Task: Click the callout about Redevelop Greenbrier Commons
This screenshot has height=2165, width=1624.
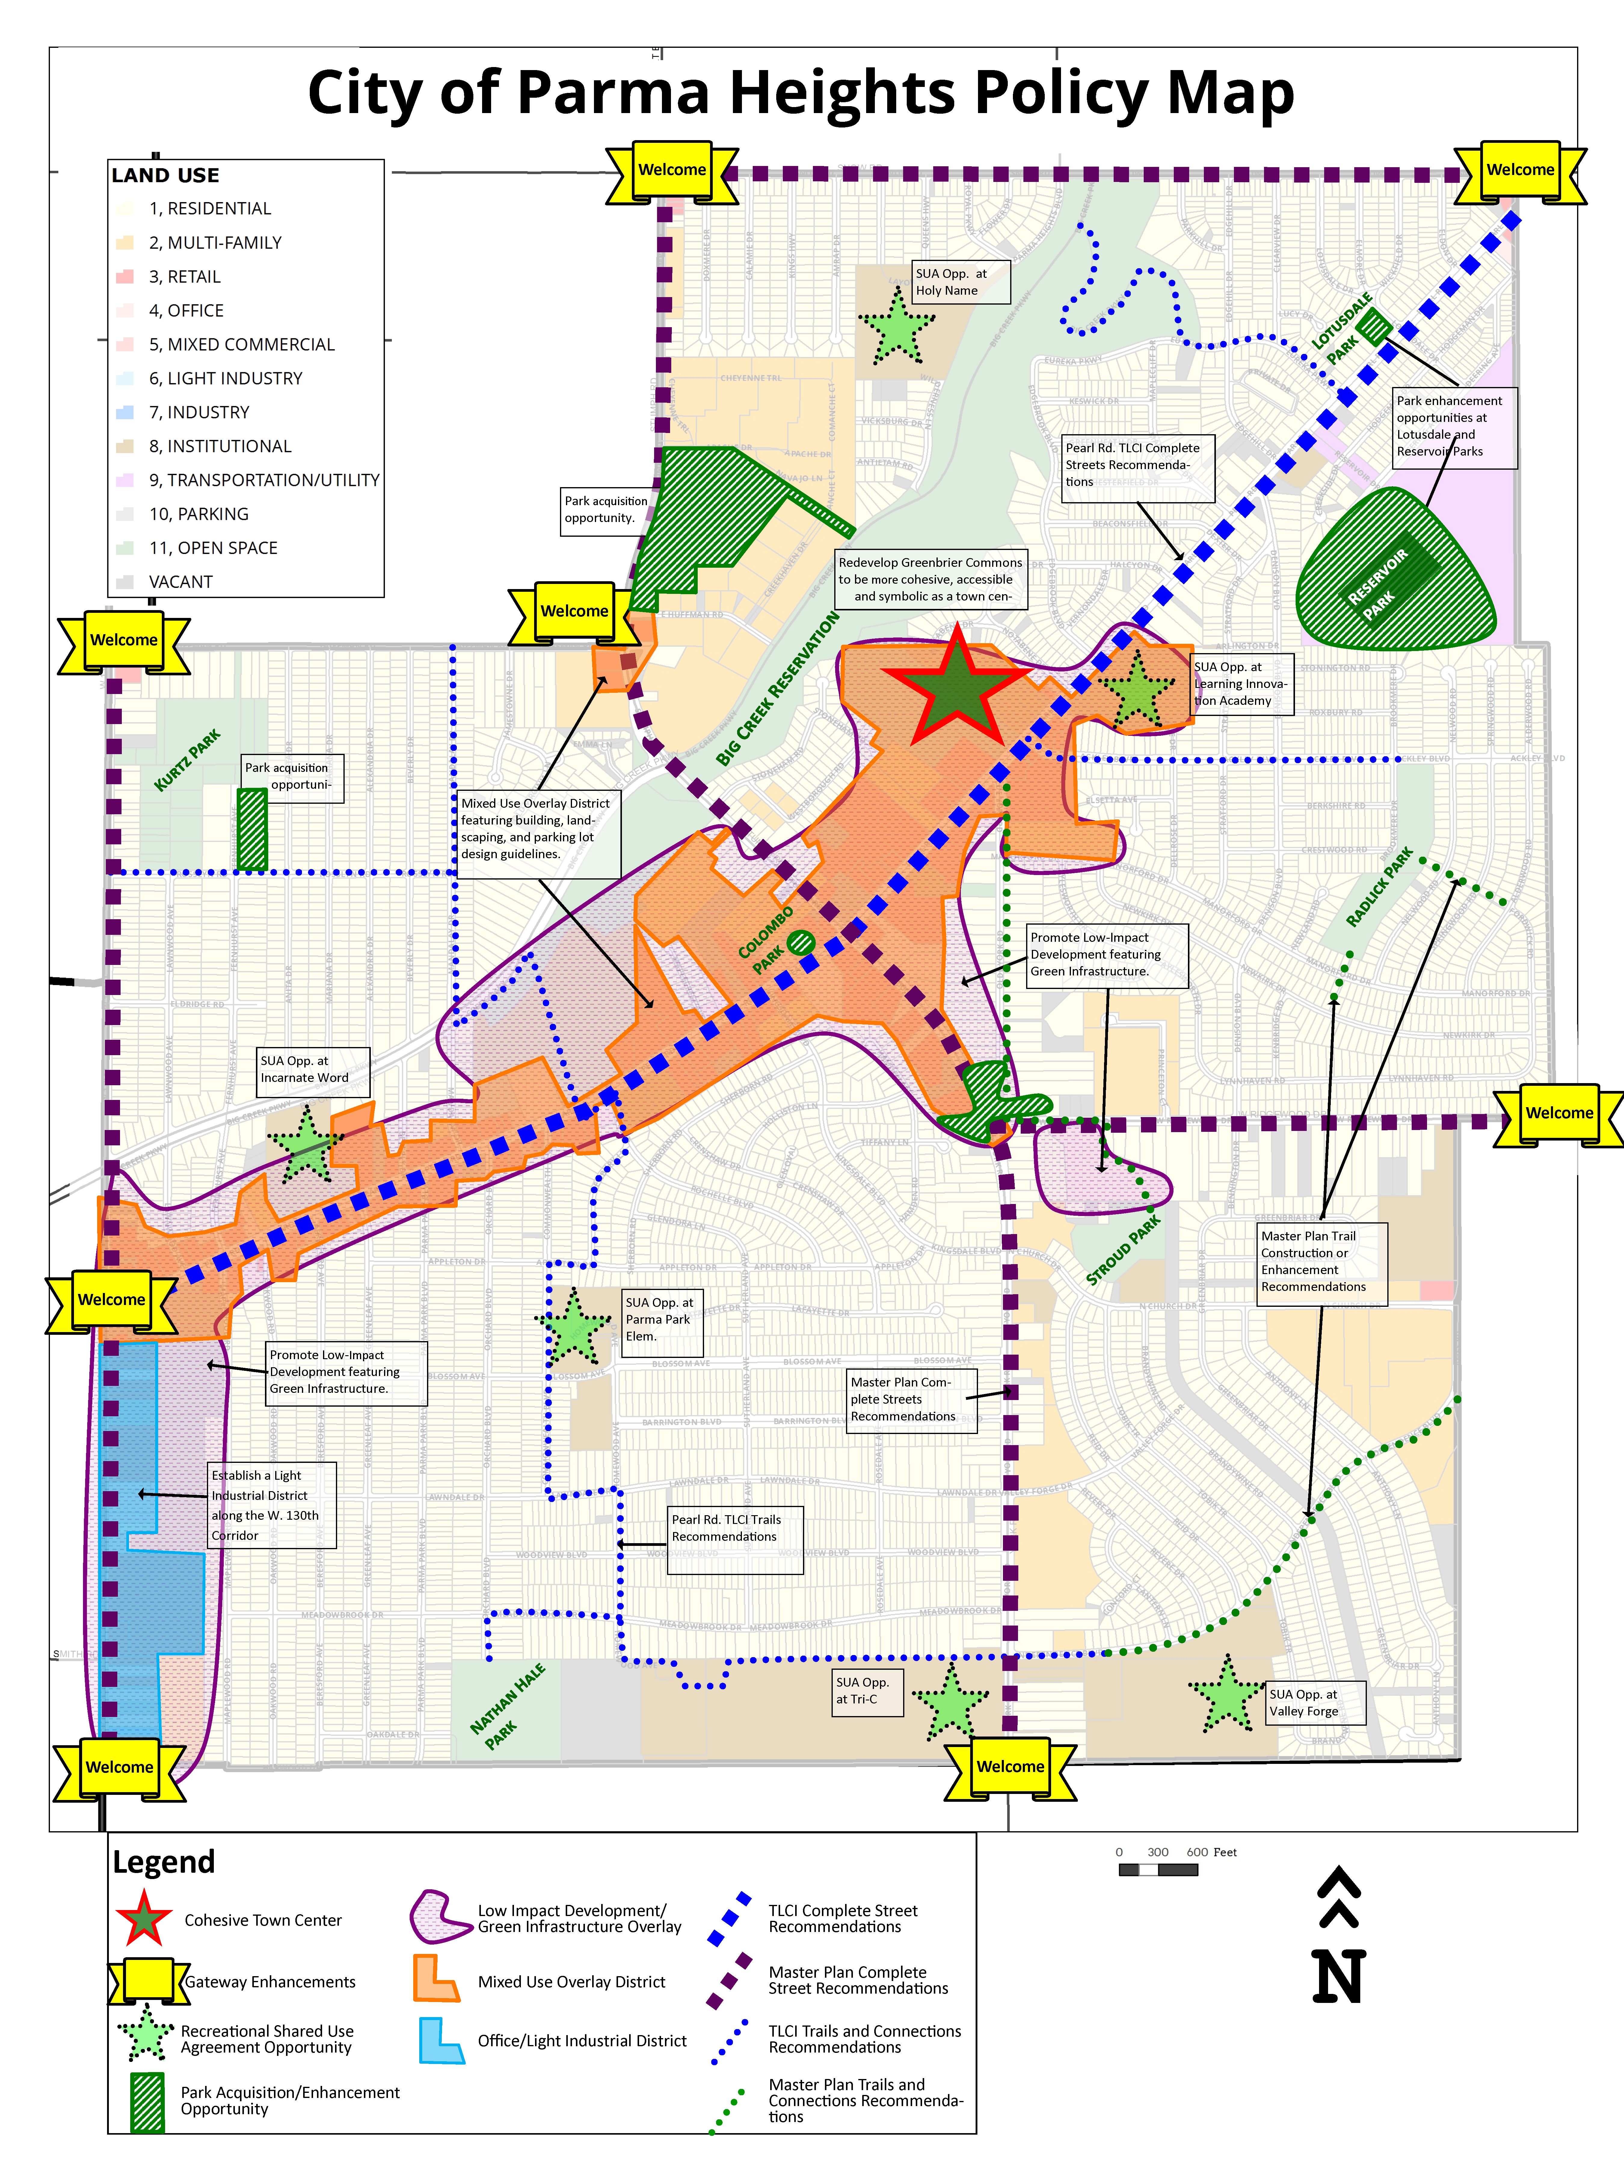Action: coord(930,579)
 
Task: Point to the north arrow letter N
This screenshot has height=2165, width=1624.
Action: coord(1338,1977)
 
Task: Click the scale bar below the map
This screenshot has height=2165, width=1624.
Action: coord(1158,1869)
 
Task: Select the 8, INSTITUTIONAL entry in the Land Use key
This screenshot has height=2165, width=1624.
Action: coord(219,446)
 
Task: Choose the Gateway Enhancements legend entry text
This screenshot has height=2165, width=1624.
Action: coord(270,1982)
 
